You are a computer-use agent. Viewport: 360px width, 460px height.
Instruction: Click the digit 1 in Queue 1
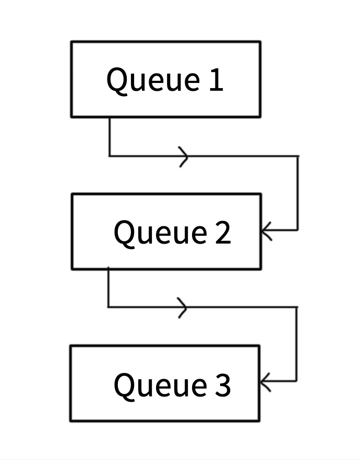[x=216, y=79]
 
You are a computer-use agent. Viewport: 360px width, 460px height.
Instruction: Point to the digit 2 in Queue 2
[x=223, y=232]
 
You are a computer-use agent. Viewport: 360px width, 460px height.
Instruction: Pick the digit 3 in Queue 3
[x=223, y=385]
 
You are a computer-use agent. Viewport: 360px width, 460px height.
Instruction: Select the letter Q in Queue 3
[x=124, y=386]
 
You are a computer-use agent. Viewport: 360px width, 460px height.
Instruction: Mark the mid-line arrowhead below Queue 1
[x=184, y=156]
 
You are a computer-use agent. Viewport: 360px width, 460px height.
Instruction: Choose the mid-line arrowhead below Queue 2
[x=183, y=308]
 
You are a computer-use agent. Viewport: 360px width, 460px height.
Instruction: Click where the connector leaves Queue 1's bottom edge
[x=110, y=118]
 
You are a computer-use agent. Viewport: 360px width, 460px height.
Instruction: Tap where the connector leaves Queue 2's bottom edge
[x=109, y=269]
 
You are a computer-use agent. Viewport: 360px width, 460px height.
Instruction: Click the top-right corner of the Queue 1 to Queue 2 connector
[x=298, y=156]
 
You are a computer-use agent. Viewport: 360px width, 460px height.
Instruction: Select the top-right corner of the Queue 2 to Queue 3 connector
[x=297, y=308]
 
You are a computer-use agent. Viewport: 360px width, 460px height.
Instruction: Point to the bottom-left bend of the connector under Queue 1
[x=110, y=156]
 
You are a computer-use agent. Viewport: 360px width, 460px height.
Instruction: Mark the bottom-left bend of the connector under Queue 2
[x=109, y=307]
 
